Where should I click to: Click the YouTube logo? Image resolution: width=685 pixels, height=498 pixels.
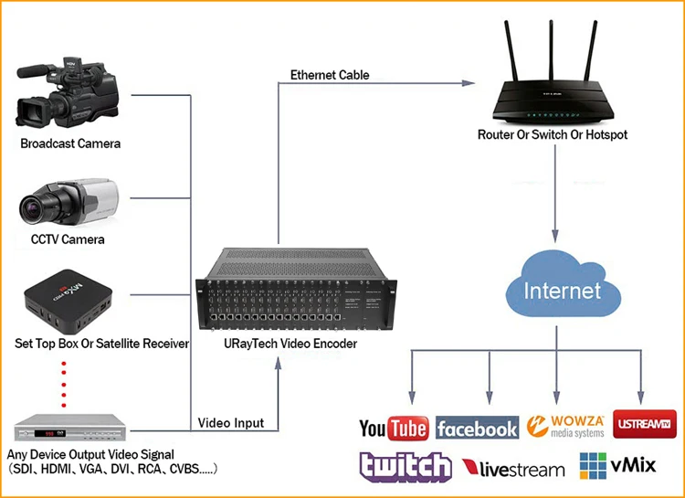click(x=394, y=428)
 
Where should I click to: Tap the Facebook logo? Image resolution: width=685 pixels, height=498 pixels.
click(x=477, y=428)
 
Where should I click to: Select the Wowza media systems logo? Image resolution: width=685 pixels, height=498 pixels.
click(x=565, y=427)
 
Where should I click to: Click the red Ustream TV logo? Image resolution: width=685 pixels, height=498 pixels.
click(x=645, y=424)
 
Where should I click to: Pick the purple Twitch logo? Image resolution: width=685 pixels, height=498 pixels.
click(x=406, y=467)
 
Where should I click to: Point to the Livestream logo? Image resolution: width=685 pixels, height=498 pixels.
click(x=513, y=469)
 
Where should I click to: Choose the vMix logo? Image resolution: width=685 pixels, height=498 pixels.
click(x=617, y=466)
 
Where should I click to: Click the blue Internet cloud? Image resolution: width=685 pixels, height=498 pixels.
click(x=564, y=284)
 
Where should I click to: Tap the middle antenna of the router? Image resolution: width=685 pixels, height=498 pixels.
click(x=552, y=50)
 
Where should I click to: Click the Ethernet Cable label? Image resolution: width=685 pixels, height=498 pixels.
click(x=330, y=75)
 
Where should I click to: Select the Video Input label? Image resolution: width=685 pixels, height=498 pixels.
click(x=231, y=423)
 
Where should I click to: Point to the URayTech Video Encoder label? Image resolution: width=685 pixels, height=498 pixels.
click(x=290, y=344)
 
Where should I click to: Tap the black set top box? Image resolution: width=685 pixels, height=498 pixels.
click(x=68, y=302)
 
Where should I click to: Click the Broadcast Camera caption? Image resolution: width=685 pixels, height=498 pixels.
click(x=70, y=143)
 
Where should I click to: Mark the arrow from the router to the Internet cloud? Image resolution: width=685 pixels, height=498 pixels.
click(x=555, y=193)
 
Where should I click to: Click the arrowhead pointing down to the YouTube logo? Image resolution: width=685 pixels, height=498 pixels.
click(x=412, y=397)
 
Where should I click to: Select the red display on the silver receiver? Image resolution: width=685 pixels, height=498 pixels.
click(x=44, y=434)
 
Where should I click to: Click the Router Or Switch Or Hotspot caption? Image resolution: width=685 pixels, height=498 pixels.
click(x=553, y=134)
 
